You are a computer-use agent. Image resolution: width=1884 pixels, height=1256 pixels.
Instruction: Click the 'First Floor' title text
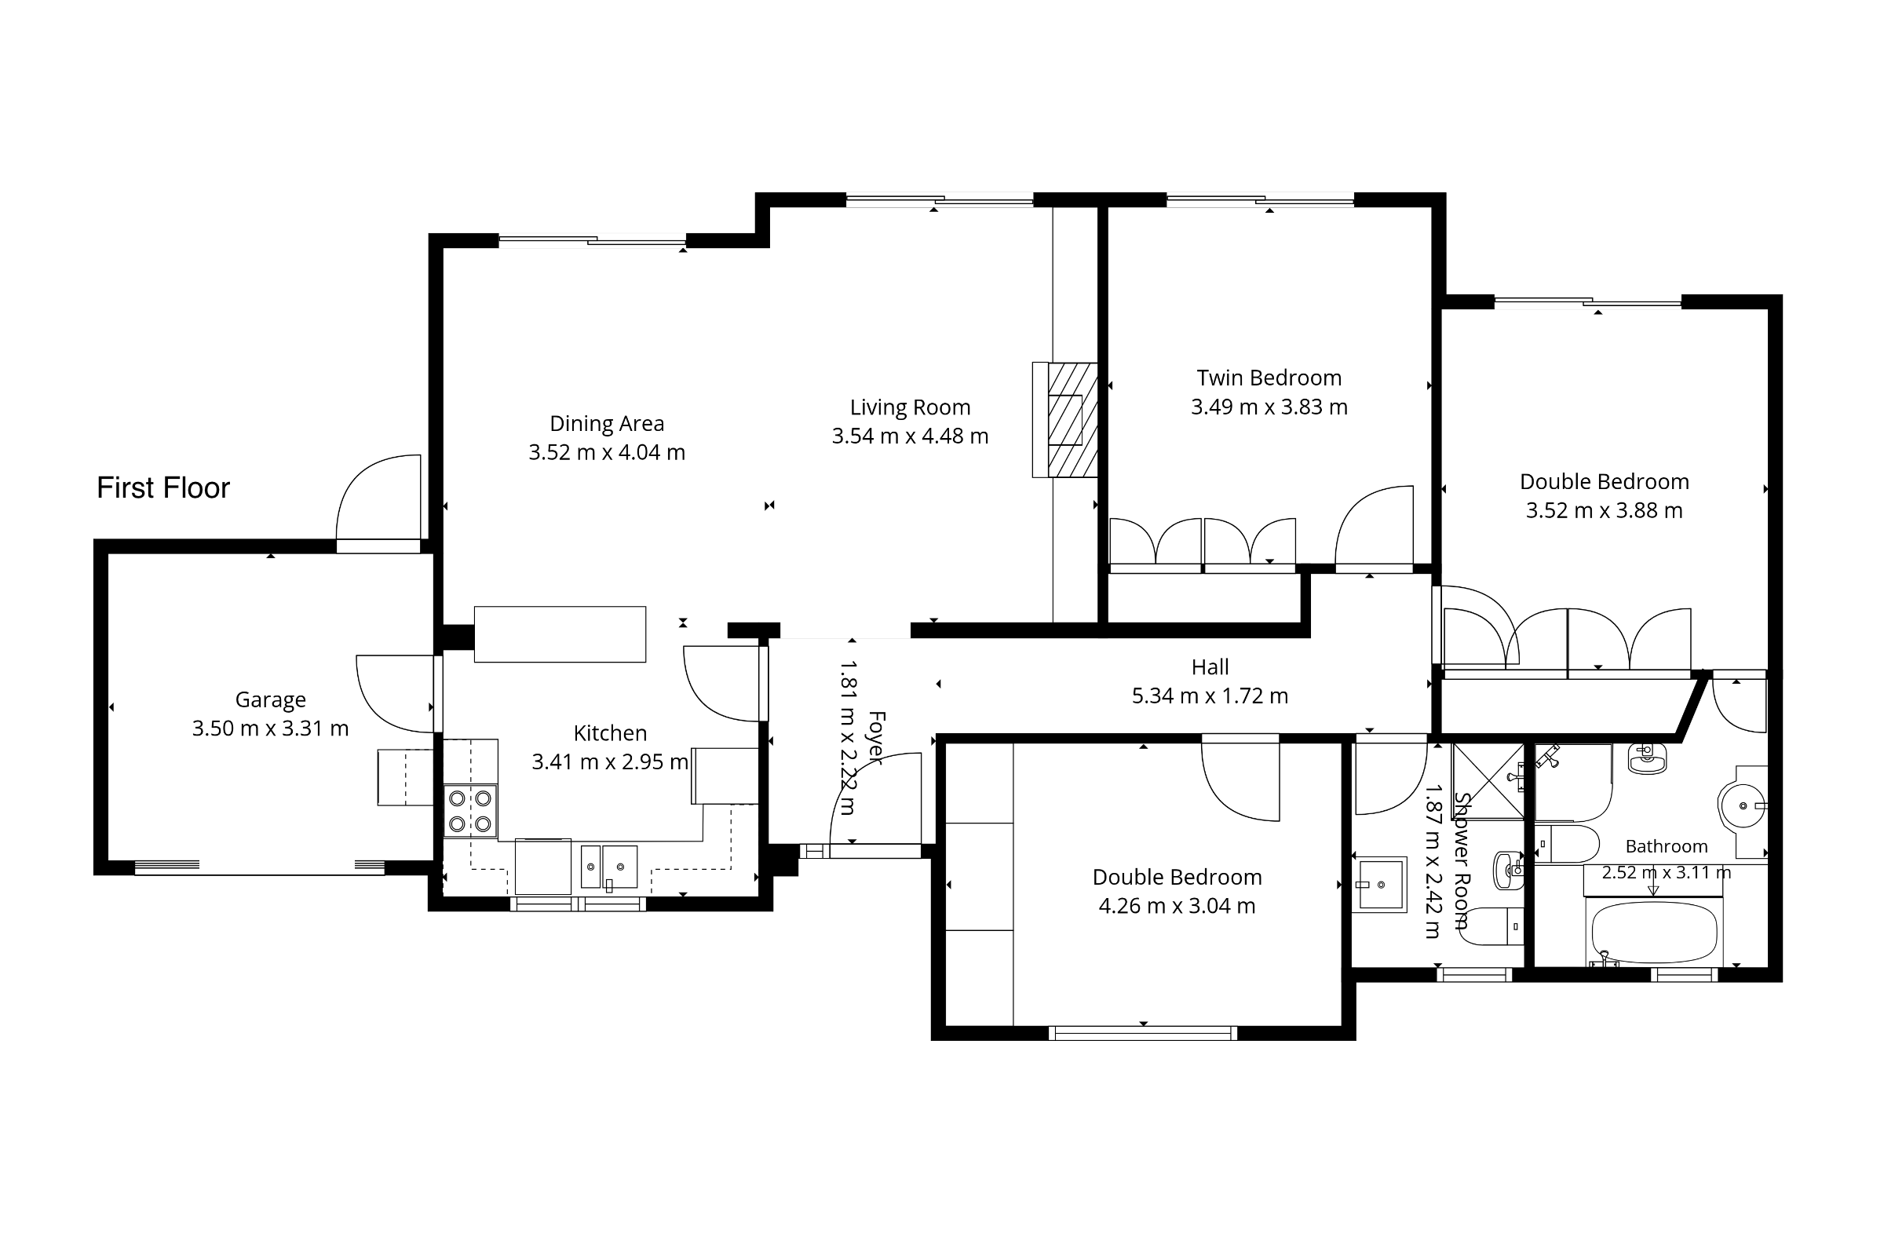(163, 487)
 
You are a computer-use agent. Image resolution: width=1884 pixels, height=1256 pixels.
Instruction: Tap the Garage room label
(271, 700)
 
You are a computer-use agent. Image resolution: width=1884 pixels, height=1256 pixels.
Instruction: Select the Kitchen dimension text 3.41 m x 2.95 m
(611, 761)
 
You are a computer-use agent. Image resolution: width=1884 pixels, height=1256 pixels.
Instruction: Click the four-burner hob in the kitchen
(470, 812)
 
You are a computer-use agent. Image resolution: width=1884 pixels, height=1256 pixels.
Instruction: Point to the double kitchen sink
(609, 867)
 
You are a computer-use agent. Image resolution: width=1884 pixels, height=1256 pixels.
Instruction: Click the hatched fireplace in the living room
(1072, 420)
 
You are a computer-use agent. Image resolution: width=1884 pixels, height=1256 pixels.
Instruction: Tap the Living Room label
(910, 407)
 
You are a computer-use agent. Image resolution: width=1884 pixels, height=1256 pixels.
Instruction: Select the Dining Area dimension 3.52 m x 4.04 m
(607, 453)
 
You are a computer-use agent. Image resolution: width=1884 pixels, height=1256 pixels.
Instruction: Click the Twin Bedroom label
(1269, 378)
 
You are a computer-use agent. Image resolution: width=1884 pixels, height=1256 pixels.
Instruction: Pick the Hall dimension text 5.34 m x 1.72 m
(1210, 696)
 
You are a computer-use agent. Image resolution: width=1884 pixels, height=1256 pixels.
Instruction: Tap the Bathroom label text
(1666, 847)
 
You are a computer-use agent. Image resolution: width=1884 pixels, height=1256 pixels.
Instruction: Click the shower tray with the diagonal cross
(1488, 781)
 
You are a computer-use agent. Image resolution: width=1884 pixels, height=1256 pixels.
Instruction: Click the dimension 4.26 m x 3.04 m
(1177, 906)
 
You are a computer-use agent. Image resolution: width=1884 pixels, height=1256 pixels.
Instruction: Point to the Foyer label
(876, 738)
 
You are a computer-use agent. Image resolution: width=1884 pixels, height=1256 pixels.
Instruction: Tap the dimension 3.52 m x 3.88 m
(1604, 511)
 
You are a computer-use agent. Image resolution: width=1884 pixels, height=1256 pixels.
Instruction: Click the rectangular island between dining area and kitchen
(560, 634)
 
